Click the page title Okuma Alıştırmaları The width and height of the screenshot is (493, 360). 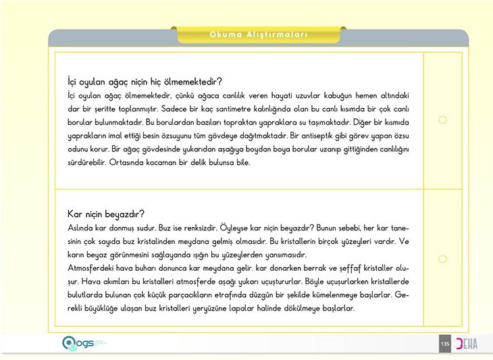click(259, 34)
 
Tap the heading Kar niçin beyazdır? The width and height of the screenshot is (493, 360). click(107, 214)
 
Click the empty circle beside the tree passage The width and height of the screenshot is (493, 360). click(442, 120)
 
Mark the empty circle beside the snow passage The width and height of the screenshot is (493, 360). click(442, 259)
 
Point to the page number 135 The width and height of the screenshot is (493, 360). click(444, 344)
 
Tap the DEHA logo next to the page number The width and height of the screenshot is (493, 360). click(466, 344)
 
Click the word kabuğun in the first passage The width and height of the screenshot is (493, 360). click(331, 96)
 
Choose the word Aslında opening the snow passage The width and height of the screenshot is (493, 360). click(83, 228)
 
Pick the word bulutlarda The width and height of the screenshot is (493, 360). click(88, 295)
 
